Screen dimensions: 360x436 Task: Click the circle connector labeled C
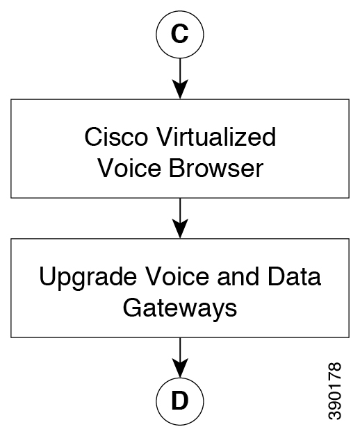coord(156,34)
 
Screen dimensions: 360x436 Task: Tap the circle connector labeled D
coord(156,401)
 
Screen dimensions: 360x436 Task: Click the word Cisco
coord(116,137)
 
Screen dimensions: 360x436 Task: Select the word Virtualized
coord(216,136)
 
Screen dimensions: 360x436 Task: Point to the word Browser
coord(216,168)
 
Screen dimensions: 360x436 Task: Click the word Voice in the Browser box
coord(129,168)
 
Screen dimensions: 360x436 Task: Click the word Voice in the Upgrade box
coord(177,276)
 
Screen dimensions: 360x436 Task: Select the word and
coord(238,276)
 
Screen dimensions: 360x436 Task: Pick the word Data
coord(294,276)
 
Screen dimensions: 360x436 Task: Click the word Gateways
coord(180,309)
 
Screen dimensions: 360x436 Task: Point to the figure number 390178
coord(335,391)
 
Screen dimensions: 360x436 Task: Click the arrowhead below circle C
coord(180,89)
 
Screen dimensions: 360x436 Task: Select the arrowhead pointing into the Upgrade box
coord(180,228)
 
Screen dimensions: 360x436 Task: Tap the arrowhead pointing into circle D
coord(180,367)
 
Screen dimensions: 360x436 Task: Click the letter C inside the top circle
coord(180,34)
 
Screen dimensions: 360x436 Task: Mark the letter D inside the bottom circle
coord(180,401)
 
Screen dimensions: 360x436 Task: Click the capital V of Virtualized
coord(165,137)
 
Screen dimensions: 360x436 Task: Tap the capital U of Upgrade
coord(47,276)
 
